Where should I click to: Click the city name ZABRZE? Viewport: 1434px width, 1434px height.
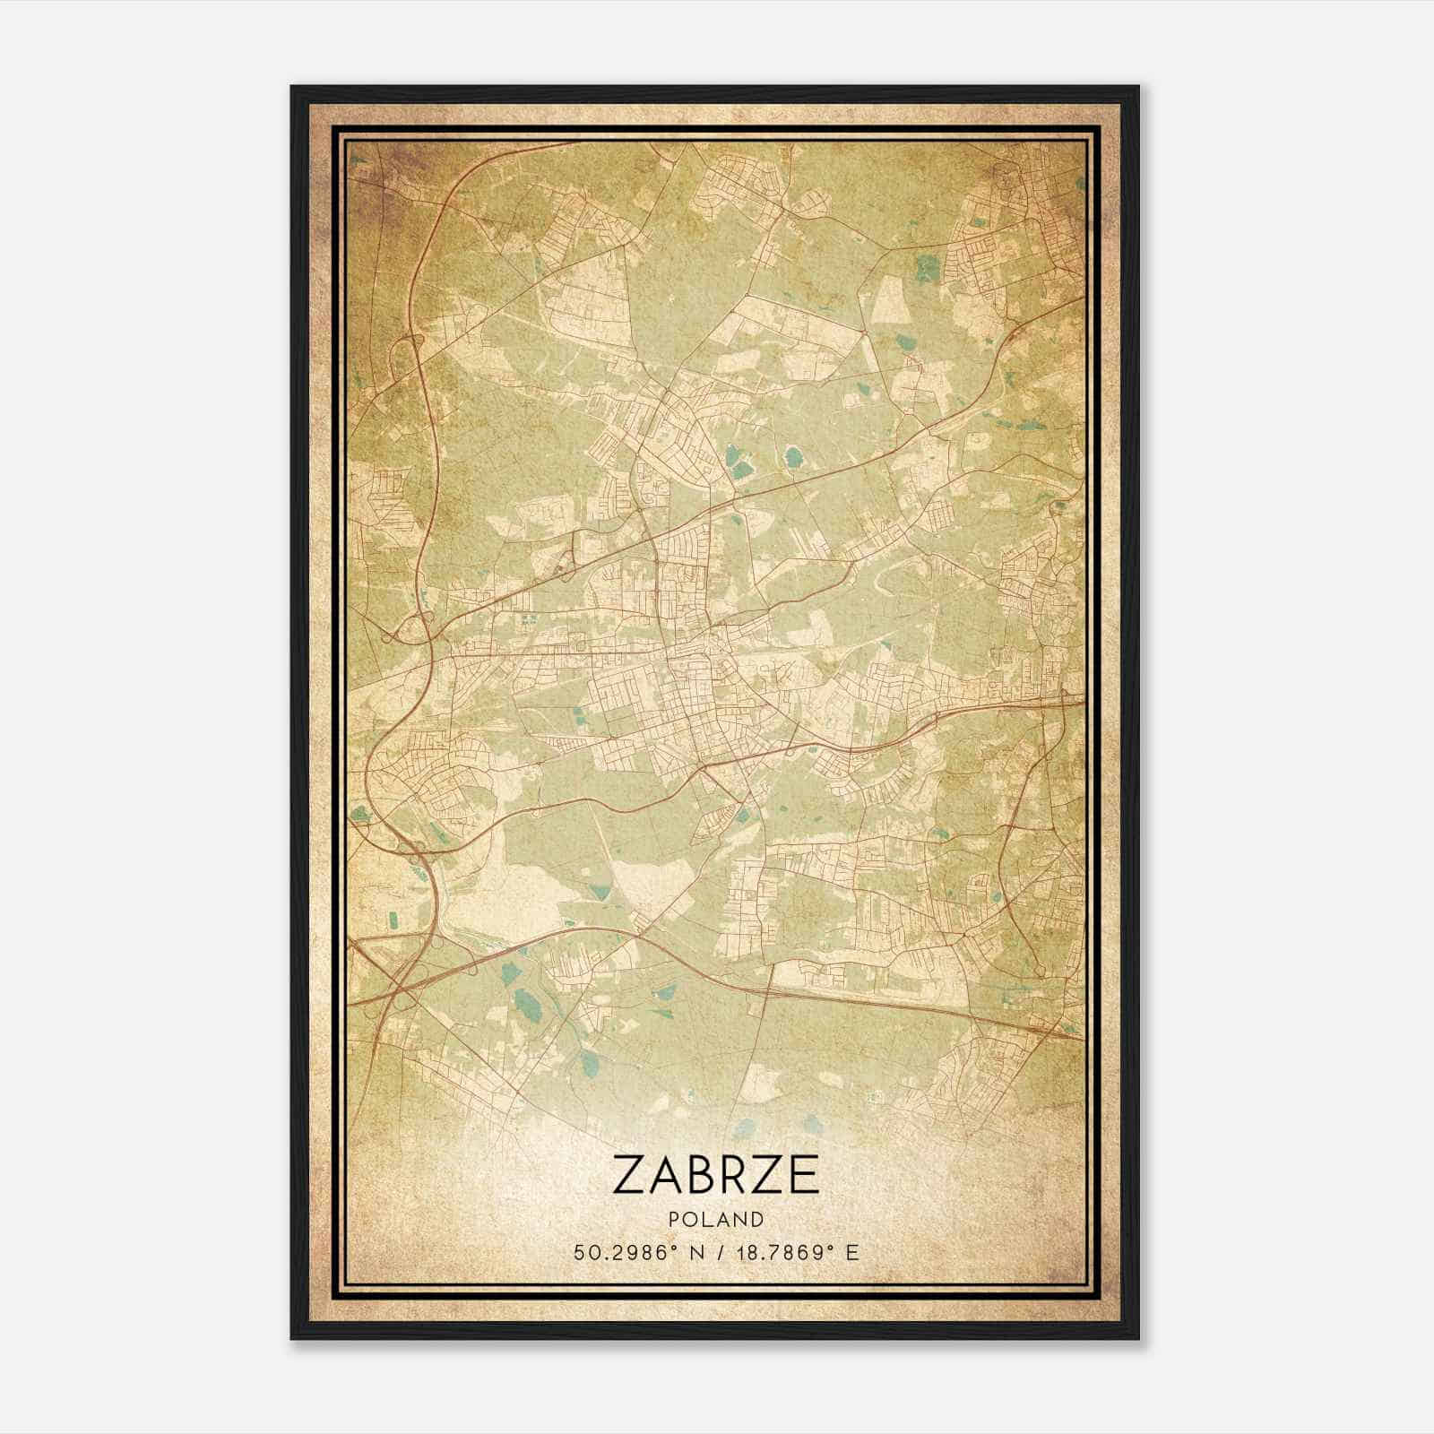[x=716, y=1174]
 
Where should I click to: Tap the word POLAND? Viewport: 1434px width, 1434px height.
[x=716, y=1220]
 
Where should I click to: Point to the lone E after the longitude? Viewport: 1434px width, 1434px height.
[x=852, y=1252]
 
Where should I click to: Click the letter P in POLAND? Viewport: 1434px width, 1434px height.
[x=674, y=1220]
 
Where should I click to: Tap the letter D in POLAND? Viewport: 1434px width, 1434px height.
[x=758, y=1220]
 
